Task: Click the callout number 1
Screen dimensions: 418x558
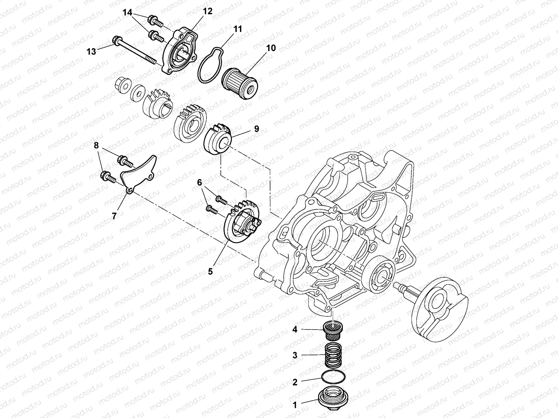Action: [295, 405]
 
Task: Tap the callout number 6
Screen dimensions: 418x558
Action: [199, 182]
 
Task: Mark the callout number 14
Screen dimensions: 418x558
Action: [128, 13]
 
